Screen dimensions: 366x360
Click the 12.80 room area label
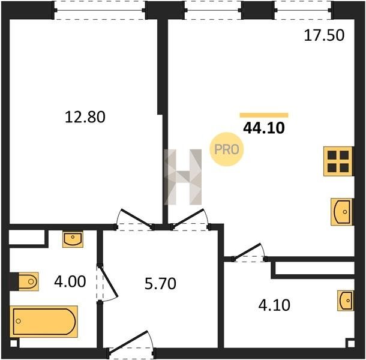pos(85,117)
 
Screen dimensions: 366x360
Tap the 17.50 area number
pos(324,35)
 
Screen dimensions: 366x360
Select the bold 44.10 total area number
pos(264,128)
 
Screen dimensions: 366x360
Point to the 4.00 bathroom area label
pos(70,281)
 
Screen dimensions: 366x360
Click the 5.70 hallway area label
pos(160,284)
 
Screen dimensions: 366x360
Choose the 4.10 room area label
pos(274,305)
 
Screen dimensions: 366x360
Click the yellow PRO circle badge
pos(227,149)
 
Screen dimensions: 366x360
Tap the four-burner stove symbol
pos(338,161)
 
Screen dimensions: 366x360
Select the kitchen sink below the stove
pos(341,212)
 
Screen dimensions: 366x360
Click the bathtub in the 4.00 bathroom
pos(44,322)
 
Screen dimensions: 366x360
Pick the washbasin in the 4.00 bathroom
pos(73,239)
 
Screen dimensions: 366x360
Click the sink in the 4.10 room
pos(346,301)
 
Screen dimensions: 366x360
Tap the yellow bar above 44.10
pos(264,115)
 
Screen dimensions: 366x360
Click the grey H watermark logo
pos(183,177)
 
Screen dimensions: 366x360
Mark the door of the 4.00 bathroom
pos(107,283)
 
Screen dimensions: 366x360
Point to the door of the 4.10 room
pos(249,253)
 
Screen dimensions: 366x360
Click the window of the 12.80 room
pos(100,11)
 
